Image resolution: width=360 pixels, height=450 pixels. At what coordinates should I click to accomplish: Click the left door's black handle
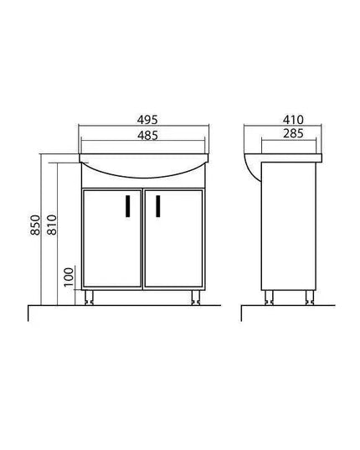(126, 204)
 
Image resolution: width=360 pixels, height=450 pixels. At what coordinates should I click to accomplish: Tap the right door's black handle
(157, 204)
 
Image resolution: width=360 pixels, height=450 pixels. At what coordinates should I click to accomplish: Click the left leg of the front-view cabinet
(90, 297)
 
